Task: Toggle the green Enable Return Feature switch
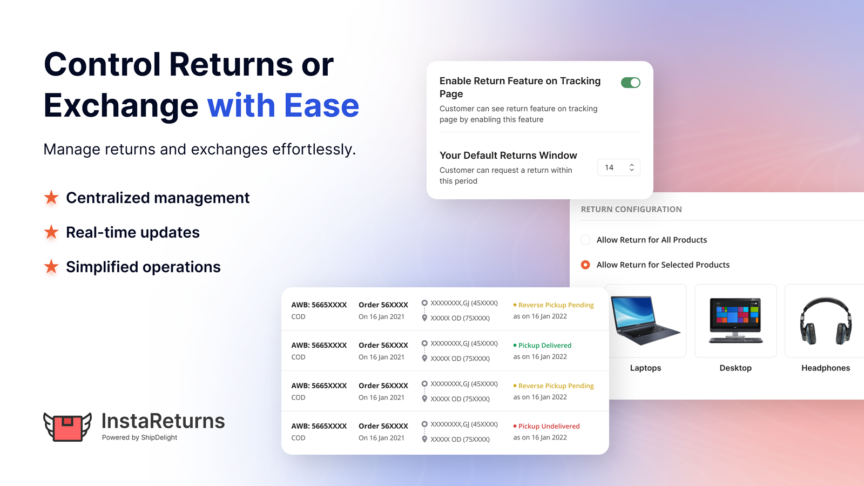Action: tap(630, 83)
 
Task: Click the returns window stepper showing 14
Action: tap(619, 167)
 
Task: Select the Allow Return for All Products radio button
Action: tap(585, 240)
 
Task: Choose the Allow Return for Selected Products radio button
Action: tap(585, 265)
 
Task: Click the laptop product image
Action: tap(646, 321)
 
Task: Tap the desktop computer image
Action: tap(735, 321)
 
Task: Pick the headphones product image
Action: tap(825, 321)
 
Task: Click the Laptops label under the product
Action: tap(645, 368)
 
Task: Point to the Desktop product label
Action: tap(735, 368)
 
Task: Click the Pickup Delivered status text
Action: tap(544, 346)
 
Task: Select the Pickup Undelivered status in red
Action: tap(549, 426)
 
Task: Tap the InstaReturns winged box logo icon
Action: tap(67, 427)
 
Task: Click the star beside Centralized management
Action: tap(51, 198)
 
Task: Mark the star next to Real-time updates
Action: tap(51, 232)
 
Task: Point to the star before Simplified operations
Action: tap(51, 267)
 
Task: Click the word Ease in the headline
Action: tap(321, 105)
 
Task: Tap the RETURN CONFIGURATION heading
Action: tap(631, 210)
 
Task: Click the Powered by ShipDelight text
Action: tap(139, 437)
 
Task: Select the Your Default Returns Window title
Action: tap(508, 156)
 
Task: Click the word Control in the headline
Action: tap(103, 64)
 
